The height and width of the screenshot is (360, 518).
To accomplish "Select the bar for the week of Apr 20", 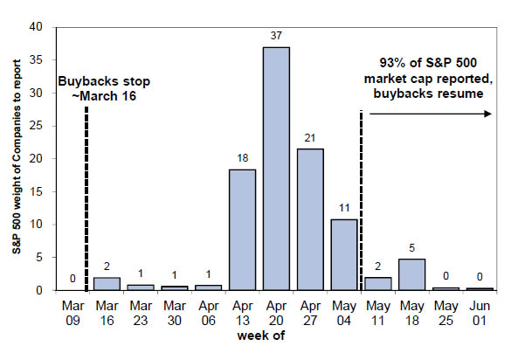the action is [276, 169].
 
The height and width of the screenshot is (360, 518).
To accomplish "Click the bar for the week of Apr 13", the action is [243, 230].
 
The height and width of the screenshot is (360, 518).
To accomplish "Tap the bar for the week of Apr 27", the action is [310, 219].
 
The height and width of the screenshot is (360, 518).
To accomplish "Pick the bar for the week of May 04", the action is [344, 255].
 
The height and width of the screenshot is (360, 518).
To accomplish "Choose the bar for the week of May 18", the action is [411, 274].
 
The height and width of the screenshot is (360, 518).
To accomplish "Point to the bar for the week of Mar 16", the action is [107, 284].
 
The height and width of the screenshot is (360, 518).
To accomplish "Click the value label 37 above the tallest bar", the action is [276, 35].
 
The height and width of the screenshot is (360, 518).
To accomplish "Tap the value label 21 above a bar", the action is [310, 138].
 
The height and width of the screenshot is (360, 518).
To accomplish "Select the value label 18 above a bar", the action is [243, 158].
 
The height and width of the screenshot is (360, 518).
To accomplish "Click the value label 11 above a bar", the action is [344, 208].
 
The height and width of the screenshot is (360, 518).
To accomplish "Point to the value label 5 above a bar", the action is [411, 247].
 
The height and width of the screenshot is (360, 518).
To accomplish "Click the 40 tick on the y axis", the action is [36, 27].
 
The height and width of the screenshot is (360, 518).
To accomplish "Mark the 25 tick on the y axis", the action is [36, 126].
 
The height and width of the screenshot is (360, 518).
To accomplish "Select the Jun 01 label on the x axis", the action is [480, 313].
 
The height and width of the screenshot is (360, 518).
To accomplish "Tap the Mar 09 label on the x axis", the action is [73, 313].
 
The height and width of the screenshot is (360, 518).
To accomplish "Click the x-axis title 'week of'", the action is [261, 336].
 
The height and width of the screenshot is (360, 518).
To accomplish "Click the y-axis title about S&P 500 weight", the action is [17, 156].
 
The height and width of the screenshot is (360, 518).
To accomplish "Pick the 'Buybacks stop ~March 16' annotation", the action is [104, 88].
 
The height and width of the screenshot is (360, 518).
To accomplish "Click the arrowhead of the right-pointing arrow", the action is [488, 114].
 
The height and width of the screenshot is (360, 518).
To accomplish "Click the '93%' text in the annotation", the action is [393, 63].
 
